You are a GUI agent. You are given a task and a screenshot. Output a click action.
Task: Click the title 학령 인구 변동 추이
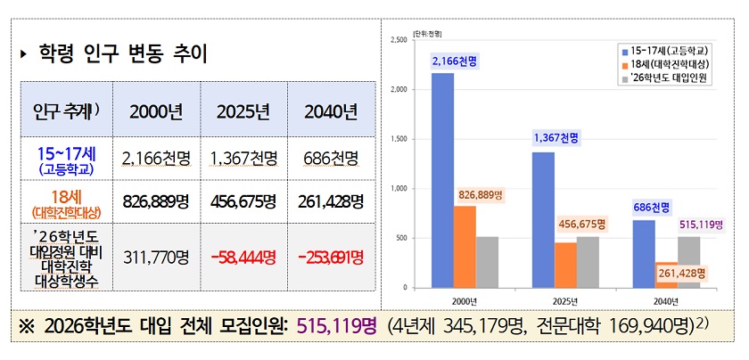click(124, 55)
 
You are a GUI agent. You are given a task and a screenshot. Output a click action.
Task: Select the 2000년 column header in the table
click(156, 112)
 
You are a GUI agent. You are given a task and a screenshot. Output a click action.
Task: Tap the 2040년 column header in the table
click(331, 112)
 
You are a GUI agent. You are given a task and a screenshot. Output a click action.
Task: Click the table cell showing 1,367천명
click(243, 160)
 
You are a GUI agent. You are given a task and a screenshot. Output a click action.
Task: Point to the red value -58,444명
click(243, 258)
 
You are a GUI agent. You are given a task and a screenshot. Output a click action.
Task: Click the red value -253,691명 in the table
click(331, 258)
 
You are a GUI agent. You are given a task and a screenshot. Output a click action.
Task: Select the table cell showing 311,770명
click(156, 258)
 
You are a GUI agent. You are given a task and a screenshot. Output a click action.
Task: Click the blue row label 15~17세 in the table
click(66, 152)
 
